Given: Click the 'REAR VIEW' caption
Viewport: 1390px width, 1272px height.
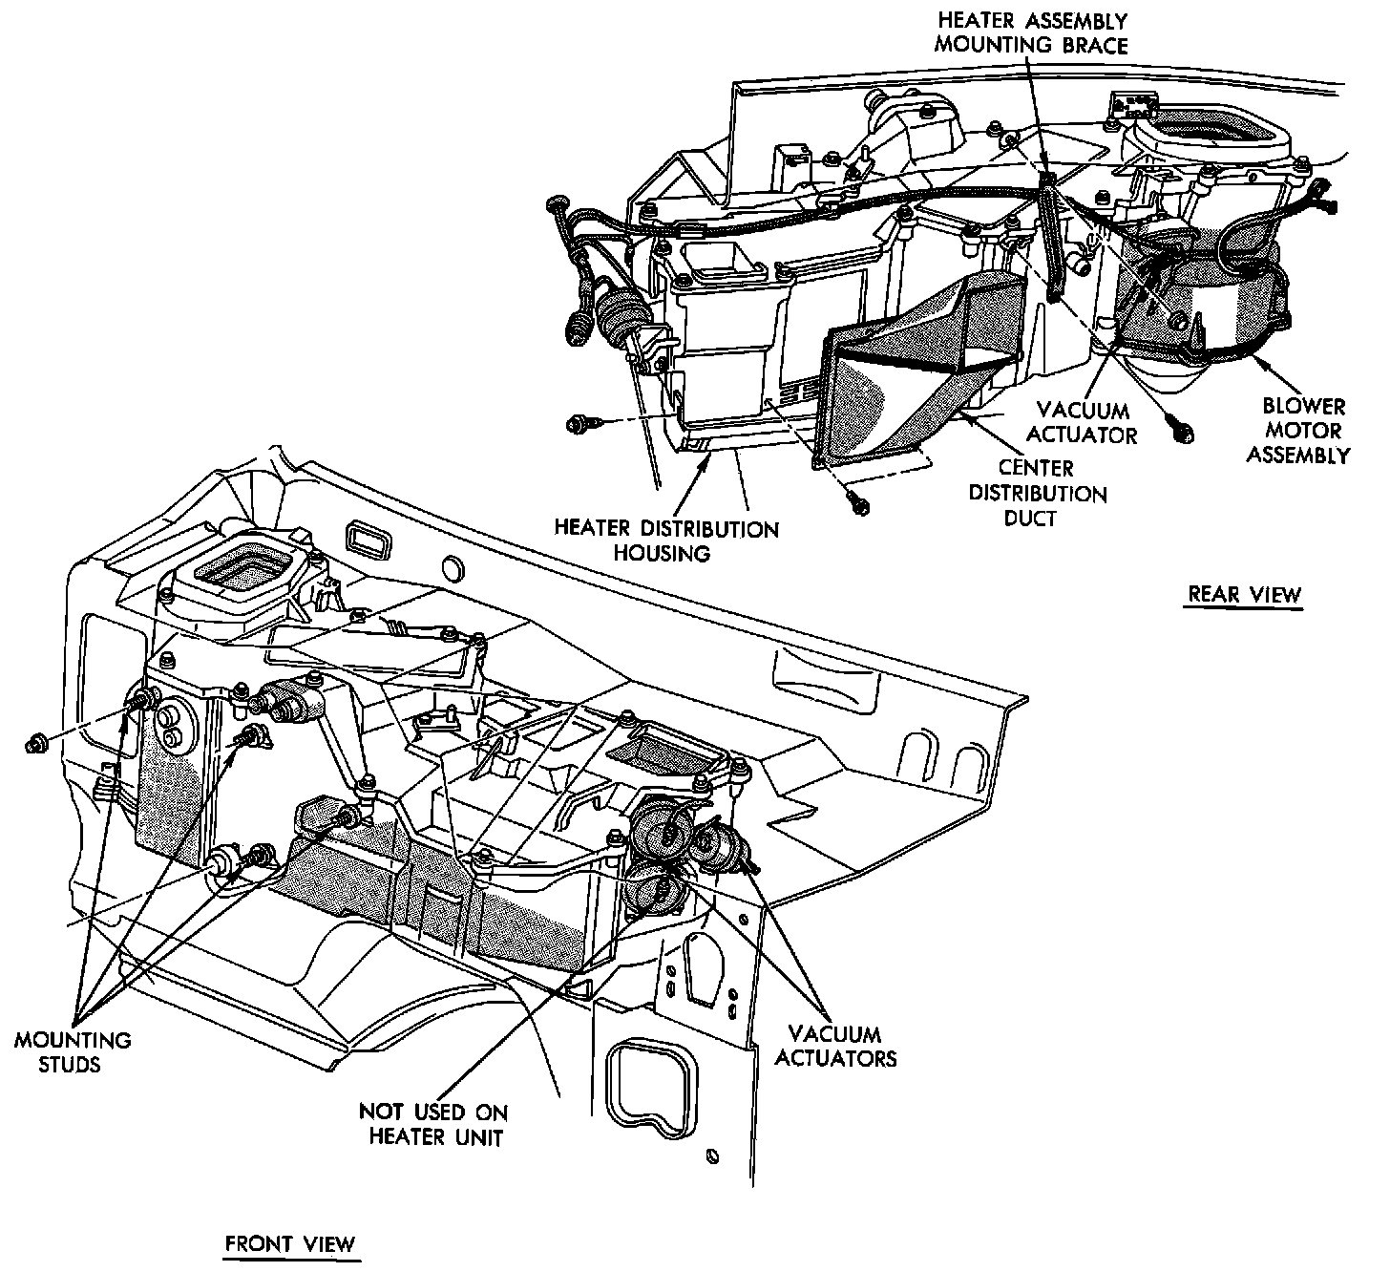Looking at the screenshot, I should coord(1244,594).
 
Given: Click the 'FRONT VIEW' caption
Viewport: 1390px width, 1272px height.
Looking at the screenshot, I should coord(289,1243).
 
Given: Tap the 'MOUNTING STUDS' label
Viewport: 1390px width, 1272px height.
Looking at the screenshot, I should coord(73,1050).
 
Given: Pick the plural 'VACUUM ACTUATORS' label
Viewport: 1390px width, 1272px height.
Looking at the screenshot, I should coord(835,1046).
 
